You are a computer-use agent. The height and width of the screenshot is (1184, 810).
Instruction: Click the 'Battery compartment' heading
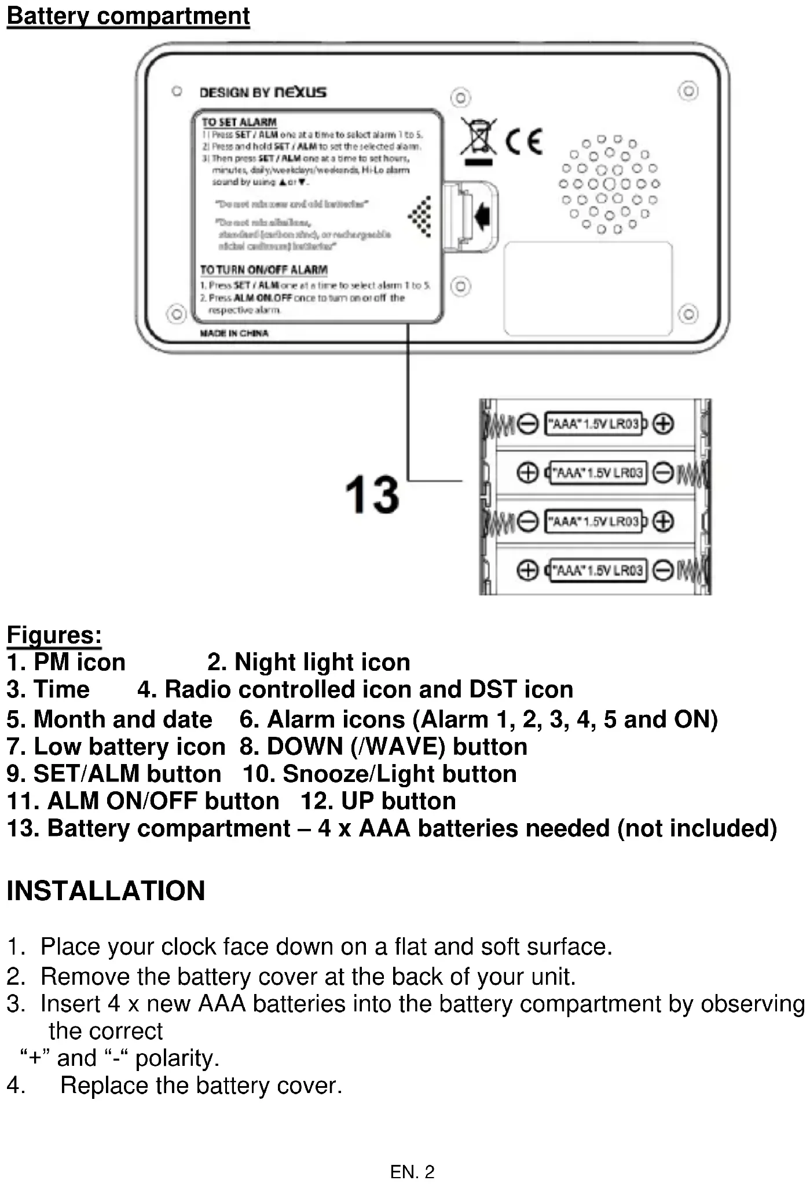pos(128,16)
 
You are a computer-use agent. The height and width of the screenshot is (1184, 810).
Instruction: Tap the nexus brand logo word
pos(300,92)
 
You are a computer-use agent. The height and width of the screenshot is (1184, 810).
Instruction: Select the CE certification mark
pos(525,141)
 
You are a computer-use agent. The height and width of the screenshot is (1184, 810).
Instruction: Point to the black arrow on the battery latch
pos(482,216)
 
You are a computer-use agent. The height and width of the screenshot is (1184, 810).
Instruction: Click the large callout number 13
pos(372,495)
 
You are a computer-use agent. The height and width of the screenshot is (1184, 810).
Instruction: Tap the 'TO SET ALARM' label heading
pos(239,122)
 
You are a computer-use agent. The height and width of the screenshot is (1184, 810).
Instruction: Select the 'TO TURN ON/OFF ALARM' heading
pos(263,270)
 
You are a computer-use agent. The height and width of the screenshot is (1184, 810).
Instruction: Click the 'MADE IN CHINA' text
pos(234,333)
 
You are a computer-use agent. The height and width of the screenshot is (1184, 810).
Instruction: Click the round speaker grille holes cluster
pos(609,184)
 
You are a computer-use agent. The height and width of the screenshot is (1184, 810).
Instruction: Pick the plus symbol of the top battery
pos(664,424)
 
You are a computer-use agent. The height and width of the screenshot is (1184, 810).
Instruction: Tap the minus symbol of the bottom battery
pos(663,571)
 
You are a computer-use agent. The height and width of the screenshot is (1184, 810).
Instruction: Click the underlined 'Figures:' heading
pos(54,635)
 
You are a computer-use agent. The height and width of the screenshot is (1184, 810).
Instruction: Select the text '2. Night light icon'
pos(309,662)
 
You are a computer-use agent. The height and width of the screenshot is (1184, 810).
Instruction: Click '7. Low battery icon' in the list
pos(116,747)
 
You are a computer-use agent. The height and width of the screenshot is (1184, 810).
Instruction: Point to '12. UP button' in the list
pos(378,801)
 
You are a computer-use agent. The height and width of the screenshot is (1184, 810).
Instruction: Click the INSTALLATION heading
pos(106,891)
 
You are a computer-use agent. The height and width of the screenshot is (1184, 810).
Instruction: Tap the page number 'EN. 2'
pos(412,1172)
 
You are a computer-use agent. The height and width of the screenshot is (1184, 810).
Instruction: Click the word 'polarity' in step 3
pos(176,1058)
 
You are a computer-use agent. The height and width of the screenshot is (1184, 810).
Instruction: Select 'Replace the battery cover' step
pos(201,1086)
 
